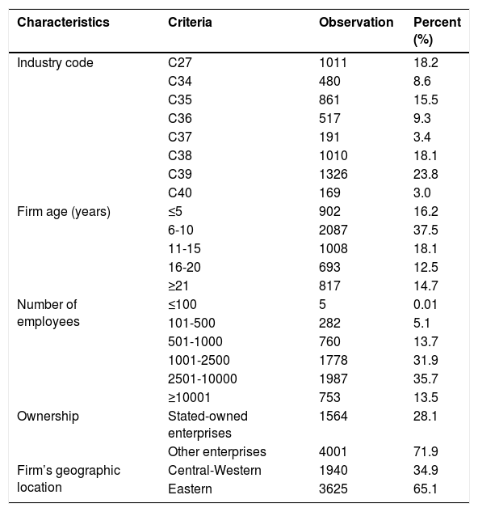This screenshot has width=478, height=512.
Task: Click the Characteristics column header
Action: click(x=63, y=23)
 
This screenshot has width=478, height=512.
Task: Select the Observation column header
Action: click(x=356, y=23)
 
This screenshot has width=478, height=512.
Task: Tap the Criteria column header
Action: click(x=190, y=23)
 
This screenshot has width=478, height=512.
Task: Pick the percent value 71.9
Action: click(x=426, y=451)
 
